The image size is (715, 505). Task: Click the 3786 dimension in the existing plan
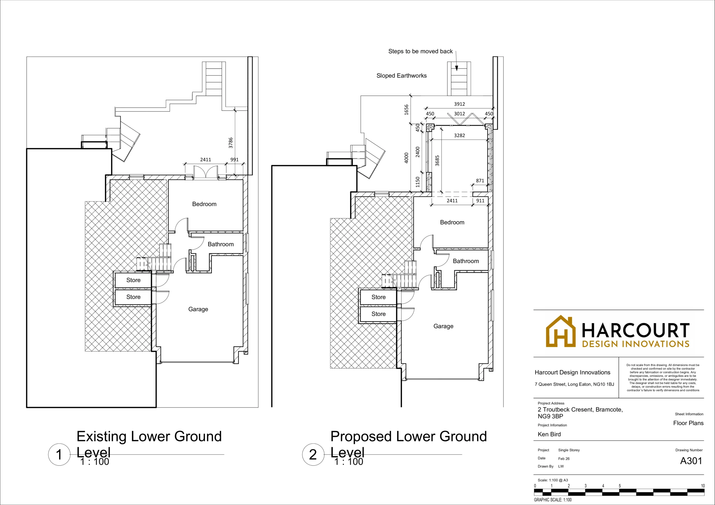230,143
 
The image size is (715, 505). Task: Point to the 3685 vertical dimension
437,160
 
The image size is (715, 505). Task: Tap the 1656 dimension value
406,110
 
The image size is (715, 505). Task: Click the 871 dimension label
480,181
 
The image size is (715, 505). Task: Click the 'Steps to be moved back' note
420,51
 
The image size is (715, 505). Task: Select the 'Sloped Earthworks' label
401,76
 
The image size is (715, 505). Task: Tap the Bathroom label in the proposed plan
466,261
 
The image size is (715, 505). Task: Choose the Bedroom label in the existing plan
204,204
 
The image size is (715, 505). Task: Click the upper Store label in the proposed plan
378,297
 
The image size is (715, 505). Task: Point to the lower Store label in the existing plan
133,297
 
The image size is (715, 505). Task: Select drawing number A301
691,461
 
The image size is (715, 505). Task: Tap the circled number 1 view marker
59,454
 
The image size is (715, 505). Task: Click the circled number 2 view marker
313,454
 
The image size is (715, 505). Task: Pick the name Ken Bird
549,434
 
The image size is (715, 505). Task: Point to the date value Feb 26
564,459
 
